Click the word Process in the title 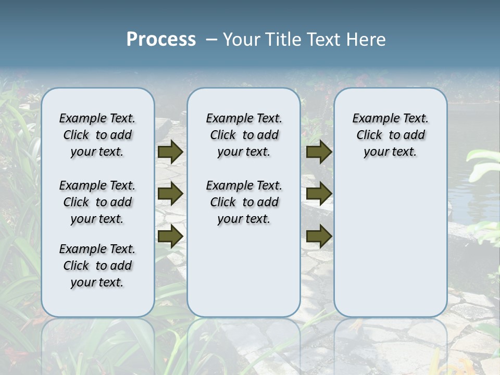point(161,39)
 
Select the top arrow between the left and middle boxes point(170,152)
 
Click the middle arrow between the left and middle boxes point(170,194)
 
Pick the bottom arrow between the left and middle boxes point(170,236)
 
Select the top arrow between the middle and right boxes point(319,152)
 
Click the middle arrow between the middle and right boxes point(319,194)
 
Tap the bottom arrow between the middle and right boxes point(319,236)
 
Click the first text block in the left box point(97,135)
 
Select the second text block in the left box point(97,202)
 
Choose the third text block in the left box point(97,266)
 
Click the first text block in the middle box point(244,135)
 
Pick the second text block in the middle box point(244,202)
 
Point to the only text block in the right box point(390,135)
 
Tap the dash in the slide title point(211,40)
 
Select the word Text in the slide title point(323,40)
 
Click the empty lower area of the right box point(390,245)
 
